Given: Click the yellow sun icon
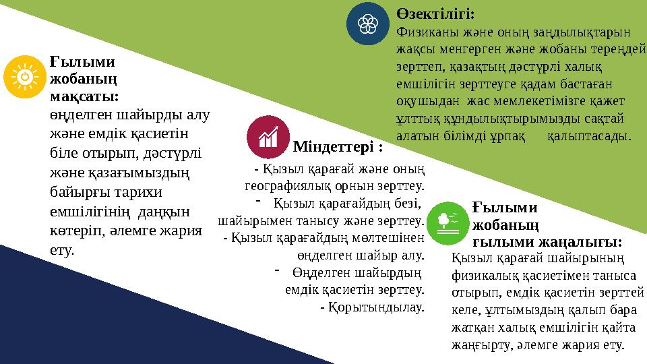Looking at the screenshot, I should click(x=24, y=77).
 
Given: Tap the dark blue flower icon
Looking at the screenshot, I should click(x=368, y=24).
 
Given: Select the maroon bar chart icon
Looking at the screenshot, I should click(x=269, y=137).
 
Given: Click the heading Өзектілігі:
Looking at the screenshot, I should click(x=435, y=13).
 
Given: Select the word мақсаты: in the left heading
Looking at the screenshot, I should click(x=84, y=97).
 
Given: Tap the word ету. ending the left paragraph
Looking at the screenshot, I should click(x=63, y=250).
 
